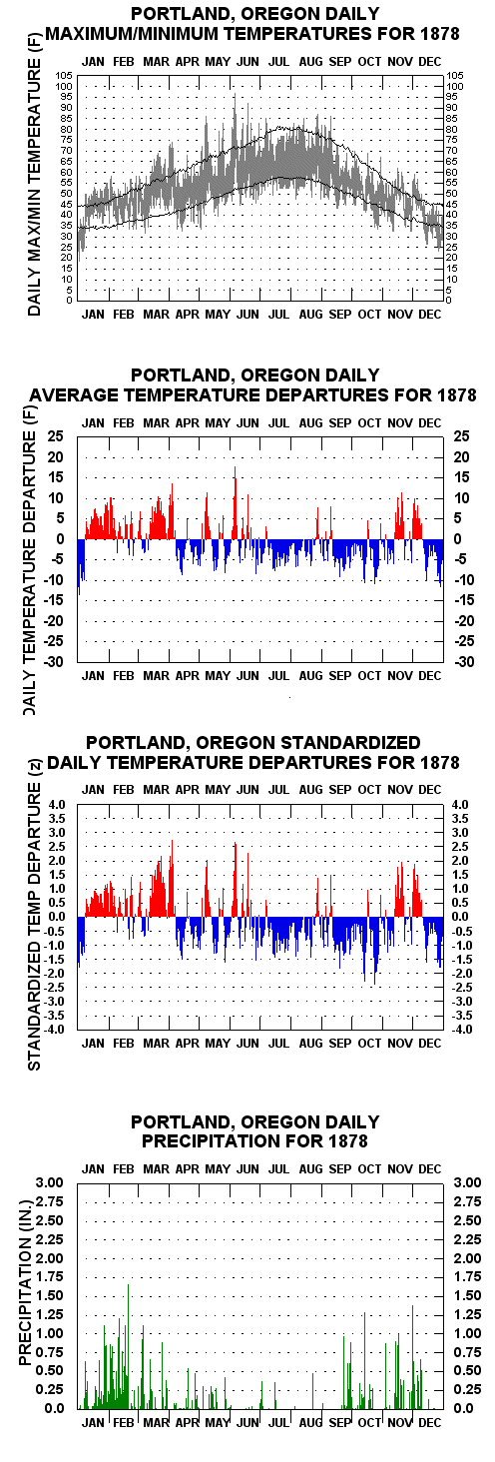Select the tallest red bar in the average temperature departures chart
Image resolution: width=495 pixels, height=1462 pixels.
point(235,502)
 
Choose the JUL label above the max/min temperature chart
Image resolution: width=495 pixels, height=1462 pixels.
point(279,61)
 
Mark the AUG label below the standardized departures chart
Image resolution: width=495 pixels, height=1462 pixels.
point(310,1043)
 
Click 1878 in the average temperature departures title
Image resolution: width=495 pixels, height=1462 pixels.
point(456,394)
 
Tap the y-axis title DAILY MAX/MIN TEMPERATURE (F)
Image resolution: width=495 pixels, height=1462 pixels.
point(34,185)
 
